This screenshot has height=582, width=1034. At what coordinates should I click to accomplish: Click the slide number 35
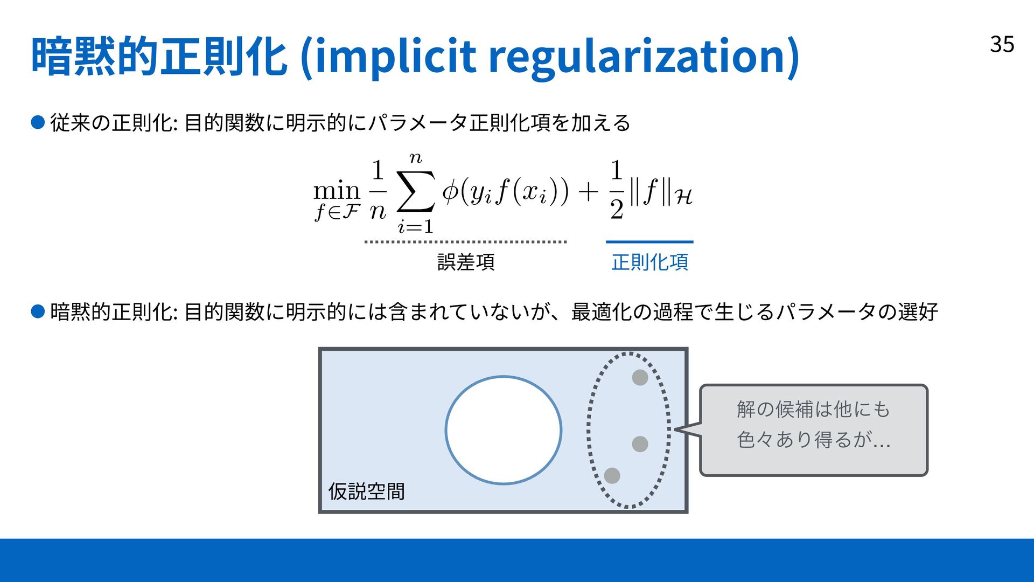coord(1002,44)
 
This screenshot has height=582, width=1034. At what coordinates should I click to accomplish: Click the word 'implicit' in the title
coord(395,56)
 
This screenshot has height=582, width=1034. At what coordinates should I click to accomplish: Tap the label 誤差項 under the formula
coord(466,262)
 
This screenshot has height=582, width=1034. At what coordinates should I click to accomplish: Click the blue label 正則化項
coord(649,262)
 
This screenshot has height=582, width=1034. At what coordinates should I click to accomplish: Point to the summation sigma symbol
coord(415,192)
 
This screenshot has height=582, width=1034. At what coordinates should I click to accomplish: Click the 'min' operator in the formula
coord(337,191)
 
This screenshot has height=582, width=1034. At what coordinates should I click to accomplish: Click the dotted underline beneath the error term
coord(465,242)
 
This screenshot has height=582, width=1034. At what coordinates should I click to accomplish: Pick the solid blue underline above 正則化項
coord(649,242)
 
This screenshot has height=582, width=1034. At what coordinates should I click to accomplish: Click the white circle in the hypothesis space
coord(504,430)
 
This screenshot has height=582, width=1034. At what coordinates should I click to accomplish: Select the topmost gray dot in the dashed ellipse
coord(640,377)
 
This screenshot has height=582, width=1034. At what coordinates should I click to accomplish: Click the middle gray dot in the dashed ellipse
coord(640,444)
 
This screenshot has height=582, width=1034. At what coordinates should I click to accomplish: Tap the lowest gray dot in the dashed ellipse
coord(612,475)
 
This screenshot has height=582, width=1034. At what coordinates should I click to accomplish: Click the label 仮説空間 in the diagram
coord(366,491)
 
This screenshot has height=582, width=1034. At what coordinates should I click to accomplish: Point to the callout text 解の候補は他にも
coord(813,410)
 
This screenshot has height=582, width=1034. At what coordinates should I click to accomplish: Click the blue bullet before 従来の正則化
coord(38,123)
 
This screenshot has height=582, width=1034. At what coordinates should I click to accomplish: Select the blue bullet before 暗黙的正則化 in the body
coord(38,311)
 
